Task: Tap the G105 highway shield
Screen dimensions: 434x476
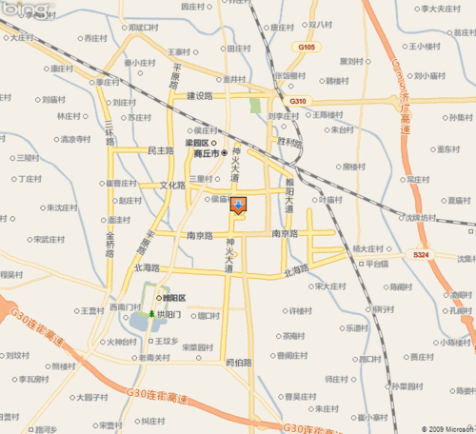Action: coord(306,46)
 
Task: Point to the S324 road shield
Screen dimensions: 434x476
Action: coord(421,255)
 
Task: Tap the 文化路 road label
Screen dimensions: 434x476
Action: coord(172,185)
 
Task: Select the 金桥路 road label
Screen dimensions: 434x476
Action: coord(110,242)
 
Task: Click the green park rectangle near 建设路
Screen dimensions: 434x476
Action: coord(255,106)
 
